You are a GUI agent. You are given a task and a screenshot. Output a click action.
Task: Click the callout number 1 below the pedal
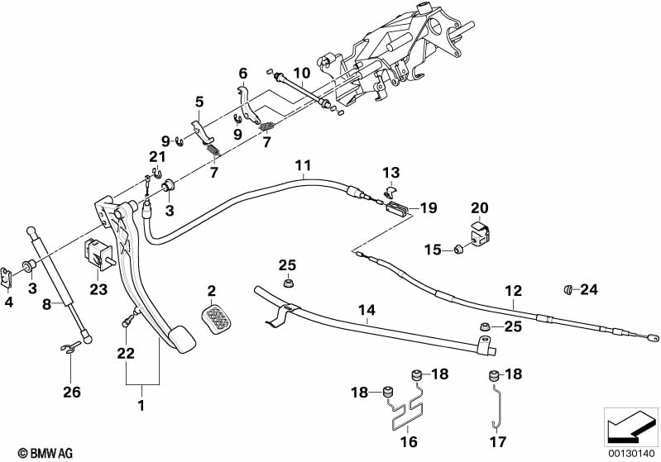coord(141,406)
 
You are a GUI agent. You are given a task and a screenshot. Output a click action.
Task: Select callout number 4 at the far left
coord(9,302)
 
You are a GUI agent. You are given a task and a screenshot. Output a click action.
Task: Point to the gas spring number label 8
coord(46,303)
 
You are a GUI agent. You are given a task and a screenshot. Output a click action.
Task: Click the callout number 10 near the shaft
coord(301,73)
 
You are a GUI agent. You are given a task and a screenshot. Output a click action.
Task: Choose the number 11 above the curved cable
coord(303,164)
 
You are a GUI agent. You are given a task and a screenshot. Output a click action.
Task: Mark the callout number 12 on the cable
coord(514,291)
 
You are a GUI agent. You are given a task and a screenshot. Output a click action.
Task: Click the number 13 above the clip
coord(390,172)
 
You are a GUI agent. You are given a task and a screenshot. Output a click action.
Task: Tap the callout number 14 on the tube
coord(366,311)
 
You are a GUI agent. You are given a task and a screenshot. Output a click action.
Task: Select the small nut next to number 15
coord(457,249)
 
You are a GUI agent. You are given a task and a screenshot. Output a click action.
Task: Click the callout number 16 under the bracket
coord(409,441)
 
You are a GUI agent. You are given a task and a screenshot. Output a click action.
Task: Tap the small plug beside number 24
coord(568,289)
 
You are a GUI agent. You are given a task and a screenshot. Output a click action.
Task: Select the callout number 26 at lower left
coord(73,391)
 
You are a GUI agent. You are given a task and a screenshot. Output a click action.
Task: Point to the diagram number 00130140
coord(632,453)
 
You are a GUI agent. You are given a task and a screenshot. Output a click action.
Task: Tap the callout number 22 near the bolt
coord(125,353)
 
